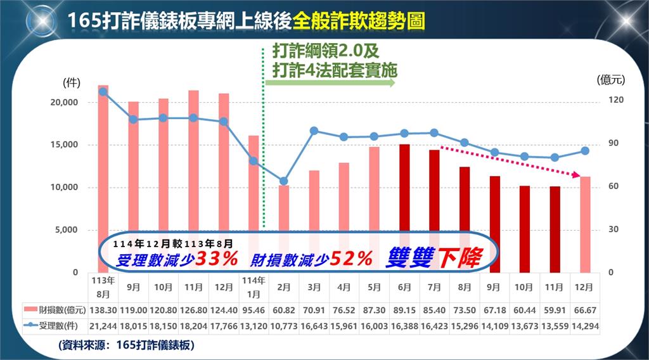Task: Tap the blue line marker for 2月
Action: [x=284, y=181]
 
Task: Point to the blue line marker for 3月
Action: [x=314, y=131]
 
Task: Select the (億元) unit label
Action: [x=611, y=80]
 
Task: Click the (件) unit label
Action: [x=70, y=83]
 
